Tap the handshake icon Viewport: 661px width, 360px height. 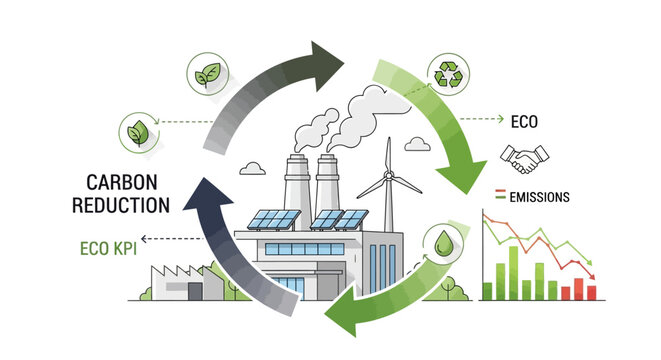point(519,159)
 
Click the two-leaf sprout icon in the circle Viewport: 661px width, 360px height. point(205,74)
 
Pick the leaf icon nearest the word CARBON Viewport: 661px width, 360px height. point(137,131)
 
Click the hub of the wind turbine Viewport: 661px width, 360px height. point(385,182)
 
